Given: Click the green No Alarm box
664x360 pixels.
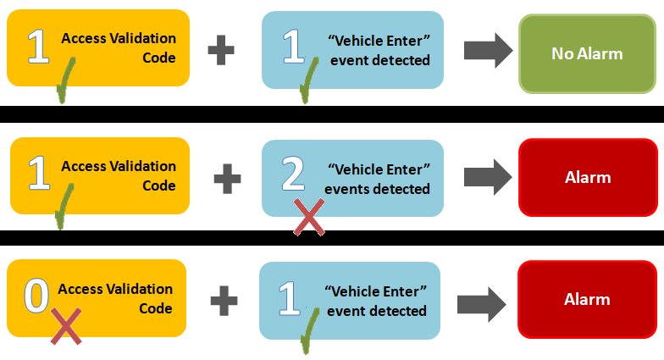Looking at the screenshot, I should point(587,53).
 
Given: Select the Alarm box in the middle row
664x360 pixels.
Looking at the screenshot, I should point(588,178).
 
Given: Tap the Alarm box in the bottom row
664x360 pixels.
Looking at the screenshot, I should point(587,300).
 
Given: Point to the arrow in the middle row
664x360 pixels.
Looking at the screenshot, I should point(488,176).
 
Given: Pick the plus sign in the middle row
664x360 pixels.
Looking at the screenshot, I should point(227,177).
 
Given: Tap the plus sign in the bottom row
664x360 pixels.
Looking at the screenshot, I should point(224,298).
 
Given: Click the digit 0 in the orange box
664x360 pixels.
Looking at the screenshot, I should point(36,296).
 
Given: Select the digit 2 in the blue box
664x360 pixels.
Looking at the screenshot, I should point(293,174).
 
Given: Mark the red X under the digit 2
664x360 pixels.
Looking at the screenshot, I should point(310,218).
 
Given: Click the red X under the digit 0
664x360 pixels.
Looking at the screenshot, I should point(65,327).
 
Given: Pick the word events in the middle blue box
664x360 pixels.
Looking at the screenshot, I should point(349,189).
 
